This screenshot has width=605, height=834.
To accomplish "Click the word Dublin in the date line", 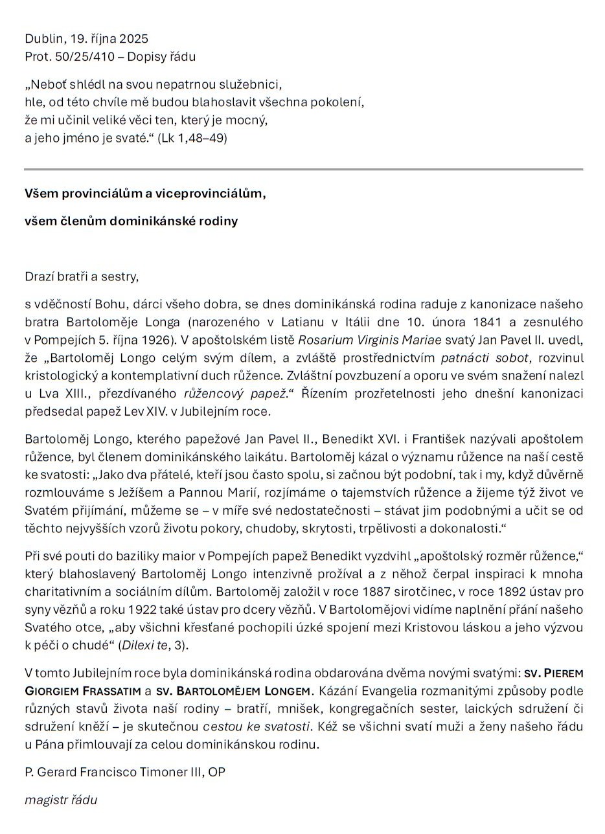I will [43, 39].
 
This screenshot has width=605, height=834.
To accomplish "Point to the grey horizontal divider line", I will [303, 170].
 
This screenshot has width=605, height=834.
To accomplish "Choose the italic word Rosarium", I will [325, 339].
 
